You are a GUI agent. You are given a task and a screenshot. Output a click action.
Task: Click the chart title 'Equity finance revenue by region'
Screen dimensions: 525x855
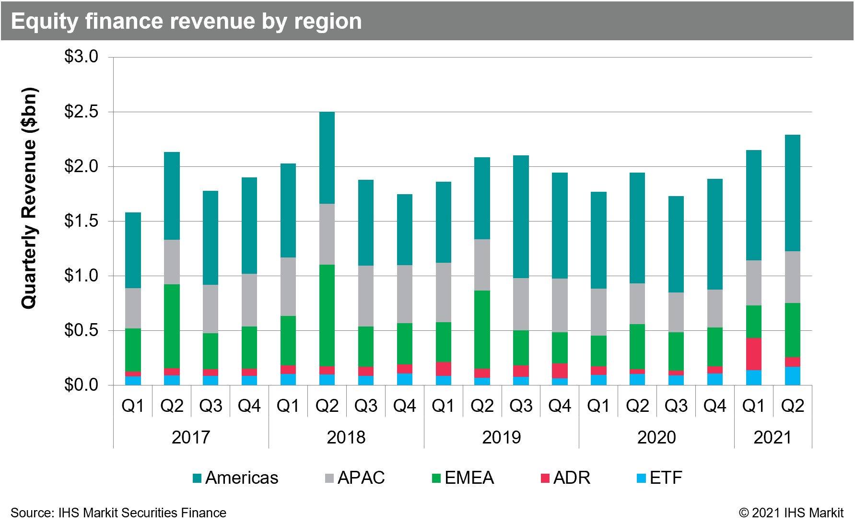click(186, 22)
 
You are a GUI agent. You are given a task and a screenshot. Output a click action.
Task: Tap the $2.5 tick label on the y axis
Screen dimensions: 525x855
click(81, 112)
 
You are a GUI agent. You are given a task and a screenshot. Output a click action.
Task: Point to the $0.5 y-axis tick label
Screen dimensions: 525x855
click(81, 330)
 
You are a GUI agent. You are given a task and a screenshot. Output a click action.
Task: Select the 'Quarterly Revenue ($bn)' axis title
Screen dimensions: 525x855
click(29, 198)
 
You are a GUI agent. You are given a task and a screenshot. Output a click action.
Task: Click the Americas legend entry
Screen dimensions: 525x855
click(235, 478)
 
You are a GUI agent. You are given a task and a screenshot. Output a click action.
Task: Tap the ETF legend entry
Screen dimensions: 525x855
click(659, 478)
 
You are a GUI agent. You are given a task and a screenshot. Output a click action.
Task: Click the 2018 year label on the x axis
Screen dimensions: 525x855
click(346, 437)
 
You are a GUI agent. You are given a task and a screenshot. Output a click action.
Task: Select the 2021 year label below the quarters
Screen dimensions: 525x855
click(773, 437)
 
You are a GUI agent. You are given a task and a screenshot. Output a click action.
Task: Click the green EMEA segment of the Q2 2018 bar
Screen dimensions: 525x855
click(327, 315)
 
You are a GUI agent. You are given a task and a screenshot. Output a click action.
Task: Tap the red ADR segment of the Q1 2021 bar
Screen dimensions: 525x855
click(753, 354)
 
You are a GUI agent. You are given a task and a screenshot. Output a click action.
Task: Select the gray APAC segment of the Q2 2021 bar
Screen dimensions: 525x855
click(792, 277)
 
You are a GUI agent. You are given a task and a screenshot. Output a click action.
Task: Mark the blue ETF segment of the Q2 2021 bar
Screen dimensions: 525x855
click(792, 376)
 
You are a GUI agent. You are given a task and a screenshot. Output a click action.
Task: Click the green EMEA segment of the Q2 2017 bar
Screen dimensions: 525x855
click(172, 326)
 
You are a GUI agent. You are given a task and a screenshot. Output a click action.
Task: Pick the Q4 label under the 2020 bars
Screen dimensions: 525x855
click(714, 406)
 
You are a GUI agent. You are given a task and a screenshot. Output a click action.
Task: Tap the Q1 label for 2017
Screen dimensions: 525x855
click(133, 406)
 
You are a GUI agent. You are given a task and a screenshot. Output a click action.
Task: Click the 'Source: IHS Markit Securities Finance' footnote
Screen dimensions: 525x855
click(118, 513)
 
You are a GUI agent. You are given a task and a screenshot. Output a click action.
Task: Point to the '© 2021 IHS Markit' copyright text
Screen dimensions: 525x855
click(791, 513)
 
